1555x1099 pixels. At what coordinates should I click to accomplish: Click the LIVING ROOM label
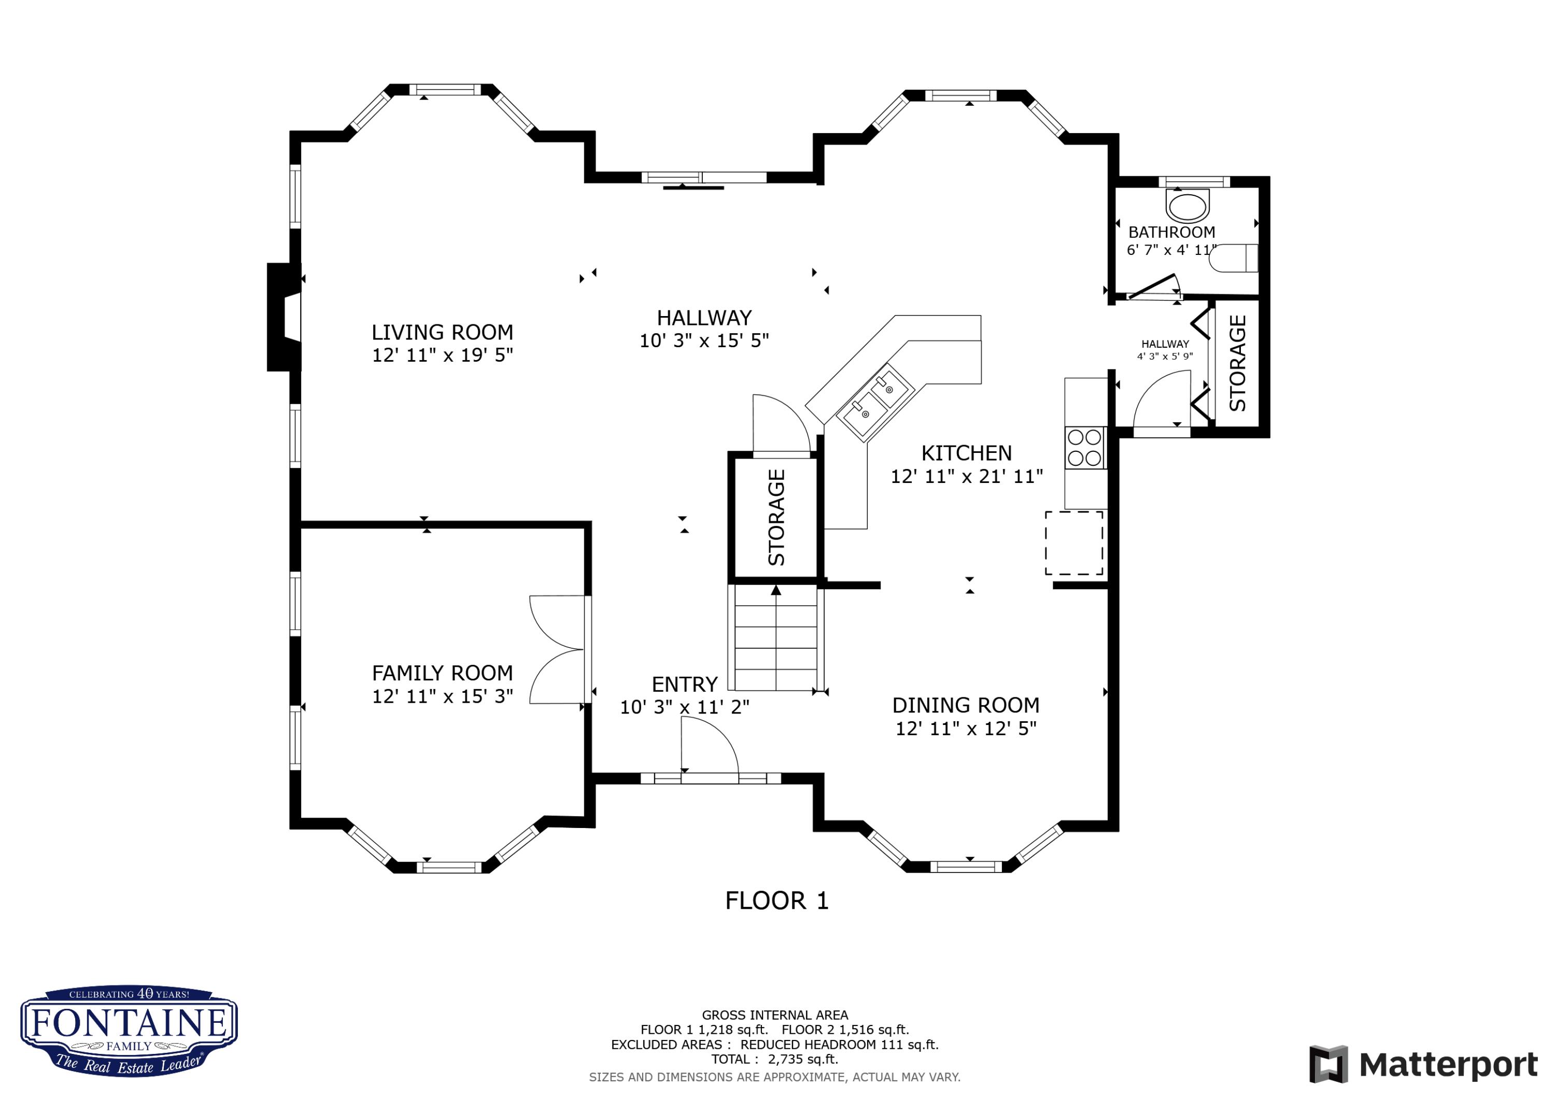pyautogui.click(x=442, y=333)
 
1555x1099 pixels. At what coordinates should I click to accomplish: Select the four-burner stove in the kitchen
pyautogui.click(x=1084, y=448)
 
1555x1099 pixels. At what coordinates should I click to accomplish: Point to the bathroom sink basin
pyautogui.click(x=1188, y=207)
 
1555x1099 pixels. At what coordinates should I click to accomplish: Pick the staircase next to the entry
pyautogui.click(x=775, y=638)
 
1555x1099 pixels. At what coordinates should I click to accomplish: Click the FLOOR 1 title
pyautogui.click(x=776, y=901)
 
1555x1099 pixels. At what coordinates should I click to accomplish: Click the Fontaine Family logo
pyautogui.click(x=129, y=1031)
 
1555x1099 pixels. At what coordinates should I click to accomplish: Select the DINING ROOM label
pyautogui.click(x=965, y=706)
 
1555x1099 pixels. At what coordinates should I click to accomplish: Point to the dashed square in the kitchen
pyautogui.click(x=1073, y=543)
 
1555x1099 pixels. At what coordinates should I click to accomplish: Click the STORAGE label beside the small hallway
pyautogui.click(x=1237, y=364)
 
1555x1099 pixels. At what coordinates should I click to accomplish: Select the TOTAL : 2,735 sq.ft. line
pyautogui.click(x=774, y=1059)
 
